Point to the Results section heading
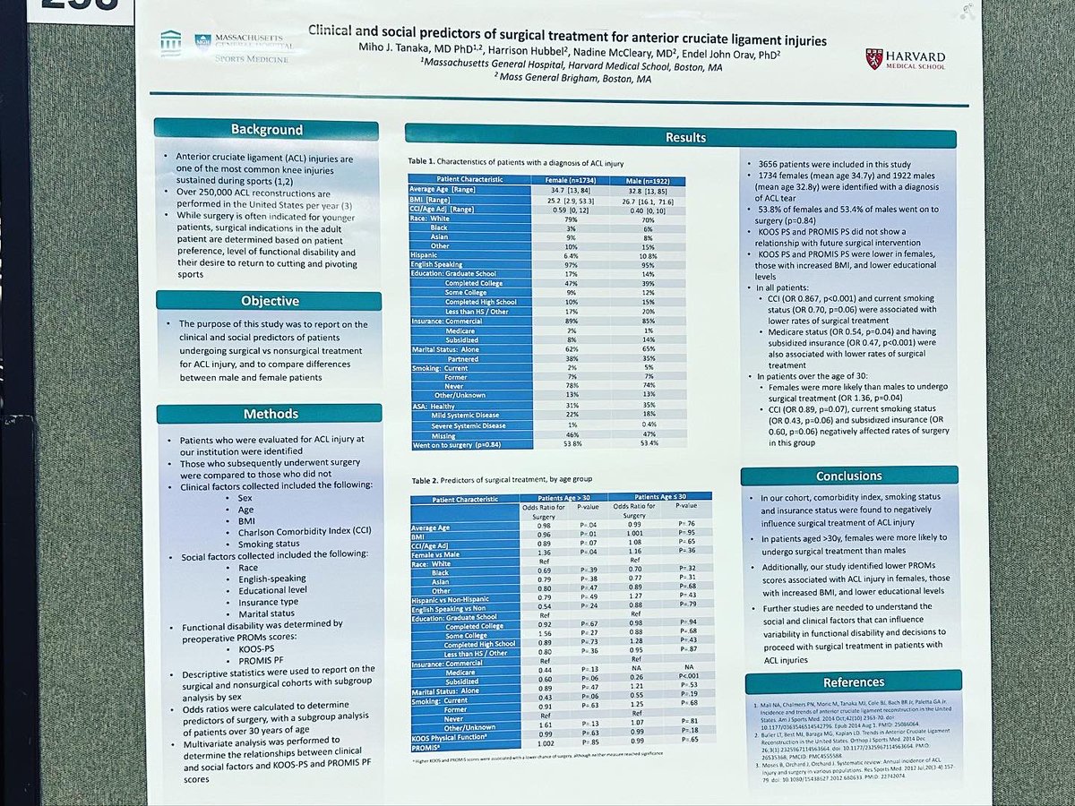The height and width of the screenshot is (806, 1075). click(x=685, y=137)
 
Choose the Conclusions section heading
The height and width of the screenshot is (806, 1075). click(x=848, y=476)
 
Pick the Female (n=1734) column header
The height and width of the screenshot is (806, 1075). click(x=579, y=179)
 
